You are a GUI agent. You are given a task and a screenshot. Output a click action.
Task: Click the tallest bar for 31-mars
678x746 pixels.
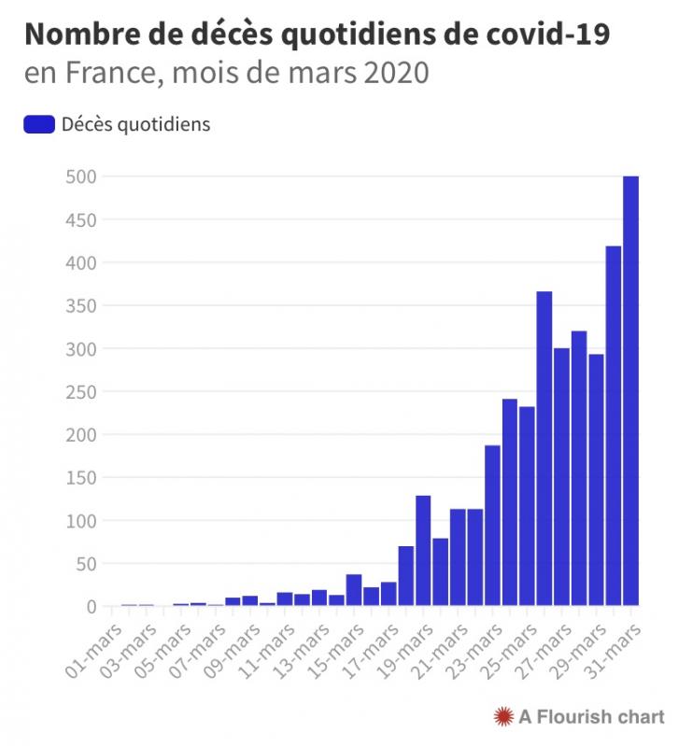pyautogui.click(x=631, y=391)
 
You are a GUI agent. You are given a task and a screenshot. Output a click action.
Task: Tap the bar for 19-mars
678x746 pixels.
pyautogui.click(x=423, y=551)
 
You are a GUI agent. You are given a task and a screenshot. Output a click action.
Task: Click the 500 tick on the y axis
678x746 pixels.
pyautogui.click(x=80, y=176)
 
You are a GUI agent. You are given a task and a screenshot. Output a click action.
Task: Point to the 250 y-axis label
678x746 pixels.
pyautogui.click(x=80, y=391)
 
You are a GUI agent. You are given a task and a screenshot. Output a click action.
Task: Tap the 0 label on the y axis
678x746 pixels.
pyautogui.click(x=91, y=607)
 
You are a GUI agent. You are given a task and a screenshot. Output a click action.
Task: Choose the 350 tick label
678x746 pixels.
pyautogui.click(x=80, y=305)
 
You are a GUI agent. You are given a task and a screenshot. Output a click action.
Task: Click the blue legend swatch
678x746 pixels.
pyautogui.click(x=38, y=124)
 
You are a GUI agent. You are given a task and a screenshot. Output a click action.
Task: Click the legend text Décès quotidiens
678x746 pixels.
pyautogui.click(x=135, y=124)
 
